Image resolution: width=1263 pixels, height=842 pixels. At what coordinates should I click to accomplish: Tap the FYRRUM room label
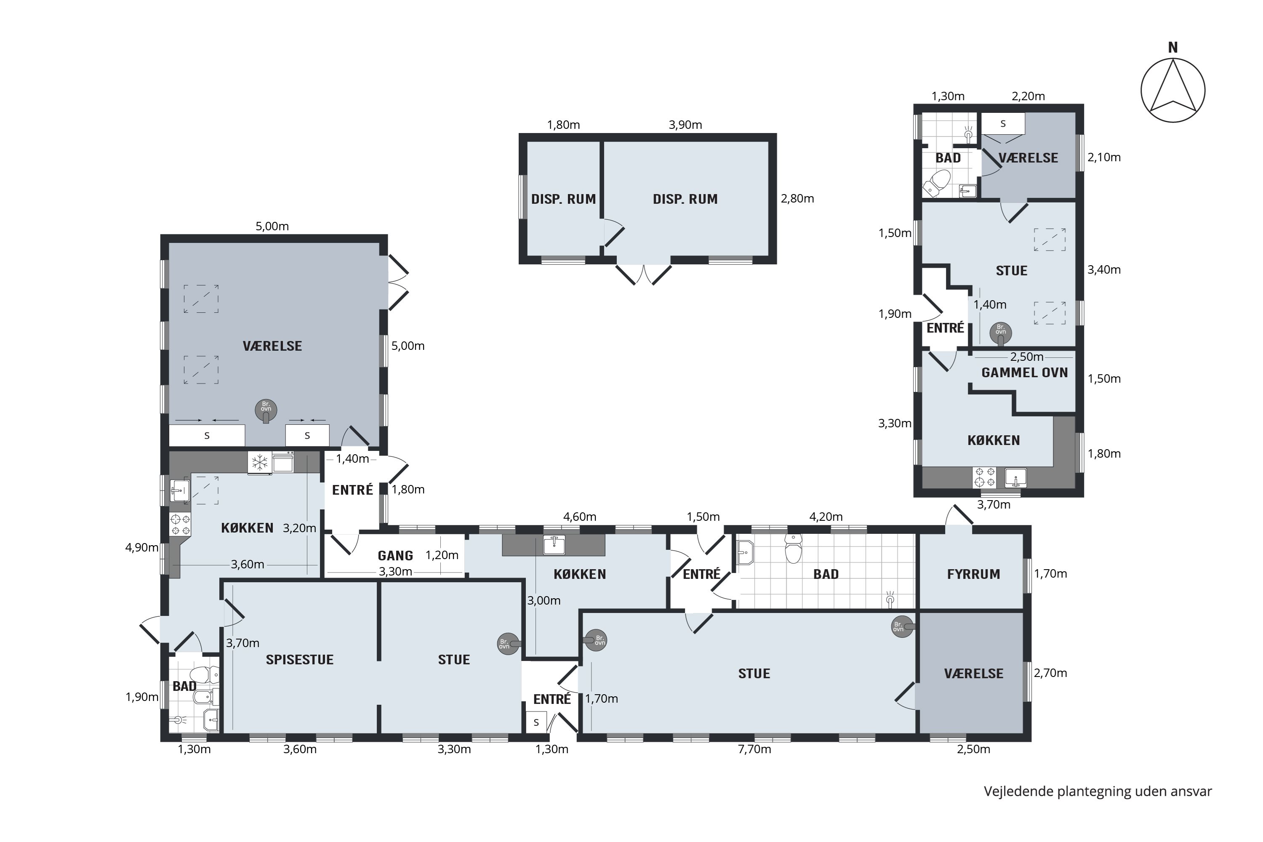[973, 574]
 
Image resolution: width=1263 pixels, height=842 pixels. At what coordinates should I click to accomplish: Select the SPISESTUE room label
[300, 660]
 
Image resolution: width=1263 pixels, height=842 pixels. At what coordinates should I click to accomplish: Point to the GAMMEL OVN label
[1025, 373]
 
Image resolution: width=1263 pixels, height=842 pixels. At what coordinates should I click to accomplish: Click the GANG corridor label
[395, 556]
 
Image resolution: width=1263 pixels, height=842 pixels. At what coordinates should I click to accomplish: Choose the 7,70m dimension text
[754, 749]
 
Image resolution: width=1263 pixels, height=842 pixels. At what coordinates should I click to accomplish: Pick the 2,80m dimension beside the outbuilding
[797, 199]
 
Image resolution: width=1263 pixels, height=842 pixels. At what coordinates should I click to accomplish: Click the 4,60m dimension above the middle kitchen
[579, 517]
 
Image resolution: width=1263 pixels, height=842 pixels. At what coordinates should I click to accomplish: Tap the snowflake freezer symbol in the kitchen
[260, 463]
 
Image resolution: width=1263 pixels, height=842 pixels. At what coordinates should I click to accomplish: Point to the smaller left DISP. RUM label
[563, 199]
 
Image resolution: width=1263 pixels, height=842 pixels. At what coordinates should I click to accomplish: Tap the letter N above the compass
[1173, 48]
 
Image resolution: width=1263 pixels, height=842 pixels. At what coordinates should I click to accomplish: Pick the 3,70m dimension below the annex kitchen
[994, 505]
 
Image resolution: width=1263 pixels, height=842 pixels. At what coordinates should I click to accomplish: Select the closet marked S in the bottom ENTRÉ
[536, 723]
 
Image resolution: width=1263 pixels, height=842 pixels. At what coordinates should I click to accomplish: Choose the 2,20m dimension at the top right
[1029, 96]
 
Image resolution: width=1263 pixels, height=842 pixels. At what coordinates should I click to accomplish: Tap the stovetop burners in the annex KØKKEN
[984, 477]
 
